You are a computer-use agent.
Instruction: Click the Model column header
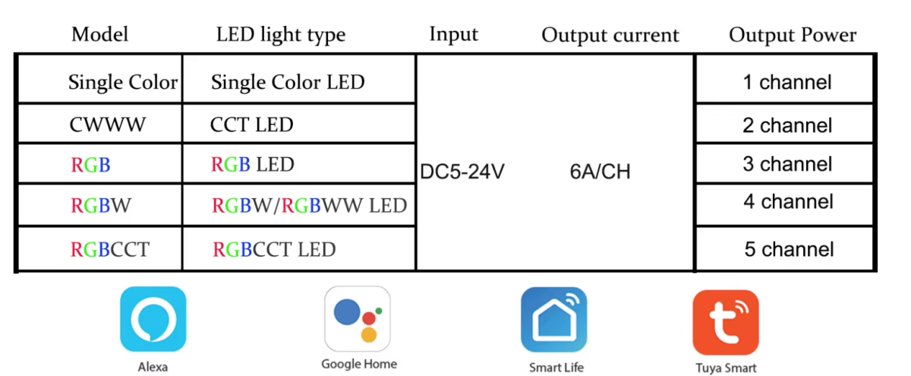pyautogui.click(x=99, y=34)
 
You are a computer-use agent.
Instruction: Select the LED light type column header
pyautogui.click(x=281, y=34)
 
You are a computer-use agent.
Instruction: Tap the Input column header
pyautogui.click(x=454, y=34)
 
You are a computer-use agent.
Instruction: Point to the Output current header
pyautogui.click(x=610, y=35)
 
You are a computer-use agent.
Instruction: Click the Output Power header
pyautogui.click(x=793, y=35)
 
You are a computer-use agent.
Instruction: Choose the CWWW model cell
pyautogui.click(x=107, y=125)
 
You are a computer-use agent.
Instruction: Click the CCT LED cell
pyautogui.click(x=251, y=125)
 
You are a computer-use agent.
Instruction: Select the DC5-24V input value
pyautogui.click(x=462, y=172)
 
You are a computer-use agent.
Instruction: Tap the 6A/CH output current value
pyautogui.click(x=600, y=172)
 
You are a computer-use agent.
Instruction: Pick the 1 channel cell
pyautogui.click(x=787, y=82)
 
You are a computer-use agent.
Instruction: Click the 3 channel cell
pyautogui.click(x=787, y=164)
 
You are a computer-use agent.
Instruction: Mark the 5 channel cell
pyautogui.click(x=789, y=249)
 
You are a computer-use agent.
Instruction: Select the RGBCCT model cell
pyautogui.click(x=110, y=248)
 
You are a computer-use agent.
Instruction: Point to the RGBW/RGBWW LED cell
pyautogui.click(x=309, y=205)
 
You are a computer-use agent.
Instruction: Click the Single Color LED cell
pyautogui.click(x=288, y=82)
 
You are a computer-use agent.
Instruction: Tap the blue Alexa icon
pyautogui.click(x=153, y=319)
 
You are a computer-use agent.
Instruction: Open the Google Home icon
pyautogui.click(x=358, y=318)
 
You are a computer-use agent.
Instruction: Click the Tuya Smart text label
pyautogui.click(x=726, y=368)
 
